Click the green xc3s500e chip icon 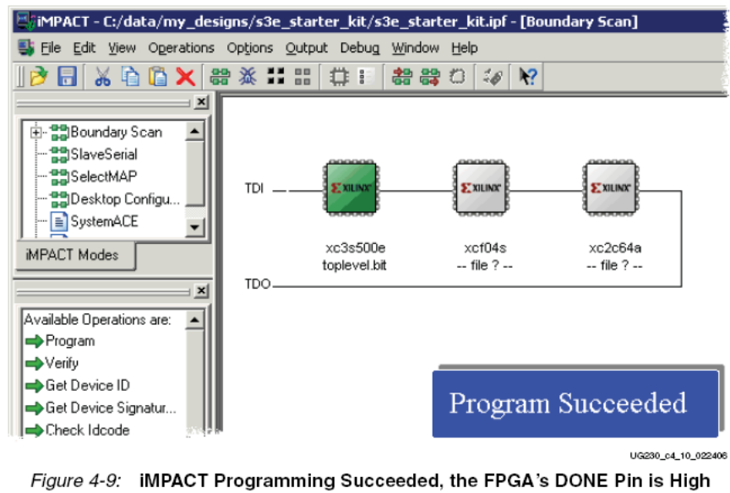pos(351,188)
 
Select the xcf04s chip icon pos(482,188)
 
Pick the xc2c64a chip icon pos(611,188)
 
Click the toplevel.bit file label pos(354,266)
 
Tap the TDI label pos(254,188)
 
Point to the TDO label pos(258,284)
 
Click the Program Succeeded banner pos(575,404)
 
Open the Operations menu pos(181,48)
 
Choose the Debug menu pos(359,48)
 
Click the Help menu pos(464,48)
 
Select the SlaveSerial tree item pos(104,154)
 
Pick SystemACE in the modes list pos(104,221)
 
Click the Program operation pos(70,341)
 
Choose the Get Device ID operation pos(88,386)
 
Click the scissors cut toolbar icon pos(102,76)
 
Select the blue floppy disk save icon pos(67,76)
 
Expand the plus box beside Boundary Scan pos(35,133)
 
